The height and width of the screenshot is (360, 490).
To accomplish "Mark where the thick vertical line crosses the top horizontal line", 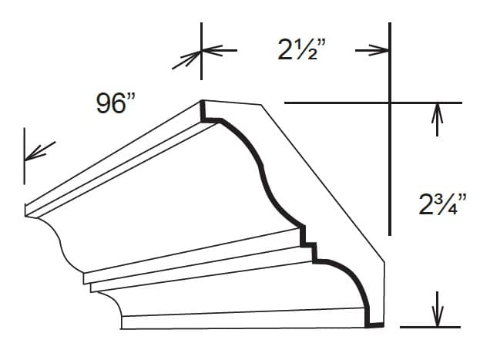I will pyautogui.click(x=390, y=103).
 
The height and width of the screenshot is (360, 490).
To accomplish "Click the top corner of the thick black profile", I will pyautogui.click(x=203, y=103).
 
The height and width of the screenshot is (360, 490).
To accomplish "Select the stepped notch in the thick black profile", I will pyautogui.click(x=309, y=243).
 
